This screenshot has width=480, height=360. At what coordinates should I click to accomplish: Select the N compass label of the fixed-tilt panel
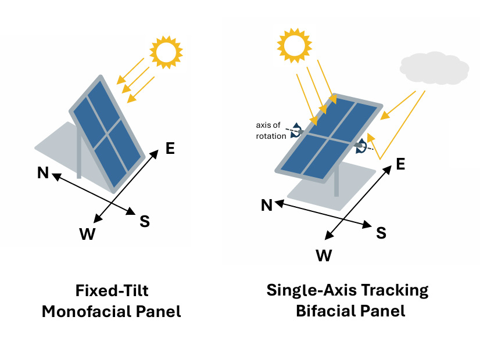[42, 172]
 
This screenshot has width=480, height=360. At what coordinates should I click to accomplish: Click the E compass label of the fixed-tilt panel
[170, 148]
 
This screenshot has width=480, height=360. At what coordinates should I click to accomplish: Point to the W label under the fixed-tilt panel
[87, 233]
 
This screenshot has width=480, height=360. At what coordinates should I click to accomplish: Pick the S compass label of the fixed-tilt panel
[145, 221]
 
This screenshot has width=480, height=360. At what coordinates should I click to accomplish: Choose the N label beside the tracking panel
[267, 204]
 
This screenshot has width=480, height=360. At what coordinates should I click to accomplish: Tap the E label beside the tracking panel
[400, 164]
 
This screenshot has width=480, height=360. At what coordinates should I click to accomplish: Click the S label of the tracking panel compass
[381, 233]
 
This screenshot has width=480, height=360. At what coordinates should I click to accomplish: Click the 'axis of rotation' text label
[271, 131]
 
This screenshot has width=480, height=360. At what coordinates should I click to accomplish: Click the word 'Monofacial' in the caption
[87, 311]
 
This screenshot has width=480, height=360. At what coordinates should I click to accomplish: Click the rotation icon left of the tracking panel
[296, 130]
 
